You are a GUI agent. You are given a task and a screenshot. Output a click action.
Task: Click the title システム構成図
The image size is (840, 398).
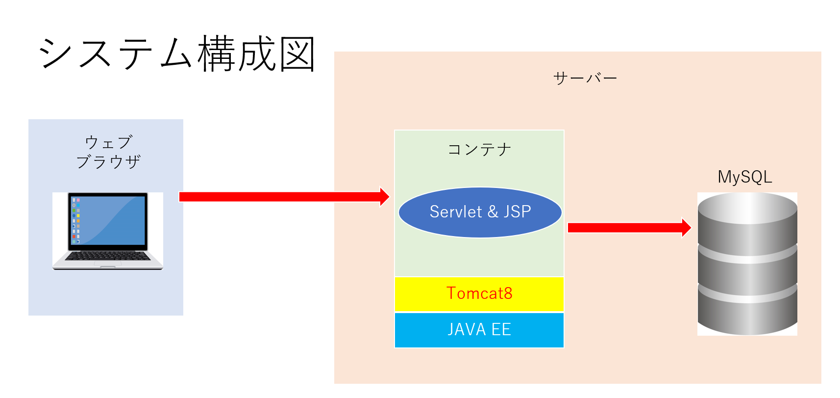coord(176,54)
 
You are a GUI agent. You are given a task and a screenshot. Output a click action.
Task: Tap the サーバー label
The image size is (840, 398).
coord(585,78)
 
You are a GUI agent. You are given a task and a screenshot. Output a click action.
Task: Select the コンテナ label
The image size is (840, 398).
coord(479,149)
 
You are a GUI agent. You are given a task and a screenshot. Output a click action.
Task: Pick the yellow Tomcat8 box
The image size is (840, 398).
coord(479,293)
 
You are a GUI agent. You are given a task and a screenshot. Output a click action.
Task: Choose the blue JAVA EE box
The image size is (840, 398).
coord(479,329)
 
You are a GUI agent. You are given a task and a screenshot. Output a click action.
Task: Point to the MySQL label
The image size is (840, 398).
coord(744,177)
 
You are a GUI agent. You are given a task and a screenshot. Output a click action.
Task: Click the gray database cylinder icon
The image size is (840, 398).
coord(747,265)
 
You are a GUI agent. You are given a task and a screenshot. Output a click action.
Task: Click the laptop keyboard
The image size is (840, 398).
coord(108,256)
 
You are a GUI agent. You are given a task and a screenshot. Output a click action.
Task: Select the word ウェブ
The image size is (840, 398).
coord(108,142)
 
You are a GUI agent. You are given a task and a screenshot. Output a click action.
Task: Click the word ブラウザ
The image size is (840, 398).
coord(108,161)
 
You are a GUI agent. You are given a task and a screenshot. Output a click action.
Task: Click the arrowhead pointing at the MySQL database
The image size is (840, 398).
coord(686,227)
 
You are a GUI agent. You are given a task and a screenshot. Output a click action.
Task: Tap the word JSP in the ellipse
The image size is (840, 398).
coord(517,212)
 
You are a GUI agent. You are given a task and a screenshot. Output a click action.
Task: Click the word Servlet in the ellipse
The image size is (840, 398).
coord(456,212)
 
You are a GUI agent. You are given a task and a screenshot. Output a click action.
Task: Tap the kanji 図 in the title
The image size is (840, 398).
coord(297,54)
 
